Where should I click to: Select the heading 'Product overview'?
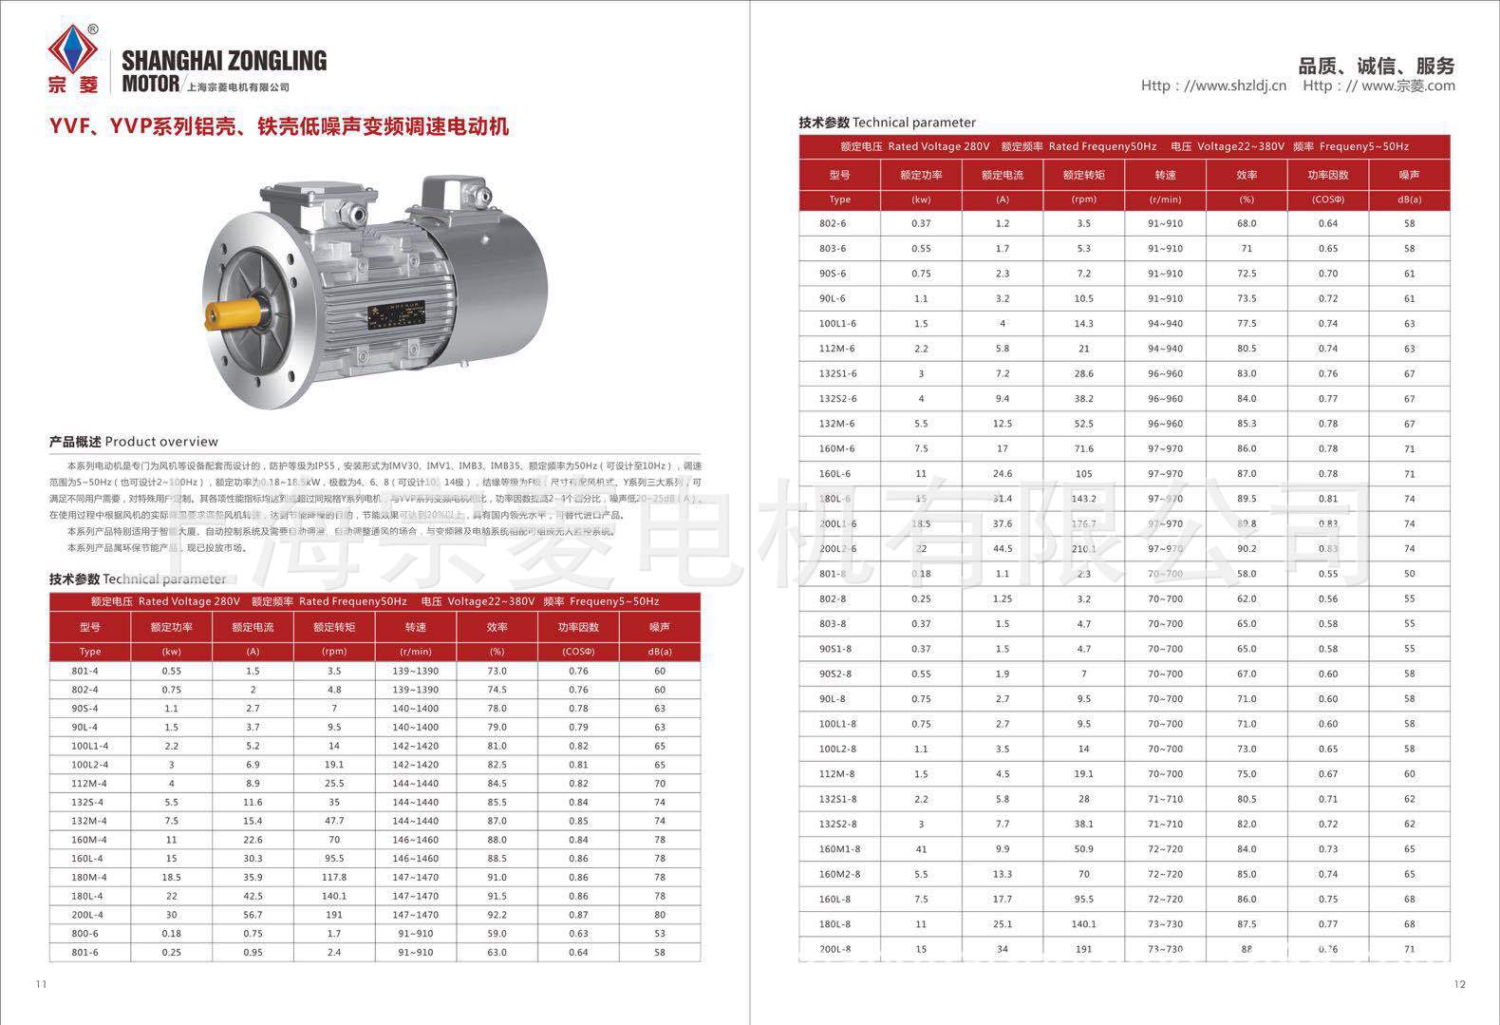point(134,442)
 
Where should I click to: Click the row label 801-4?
point(84,671)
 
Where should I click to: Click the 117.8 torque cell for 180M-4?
point(334,878)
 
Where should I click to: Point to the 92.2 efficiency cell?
point(497,915)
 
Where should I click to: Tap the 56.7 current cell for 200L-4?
point(253,915)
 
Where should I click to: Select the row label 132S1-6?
point(837,373)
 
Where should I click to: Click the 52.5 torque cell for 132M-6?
point(1083,424)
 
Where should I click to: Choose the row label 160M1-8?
point(839,849)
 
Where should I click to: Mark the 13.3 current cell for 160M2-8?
point(1003,874)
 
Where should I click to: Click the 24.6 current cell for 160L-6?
point(1003,473)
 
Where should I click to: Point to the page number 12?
point(1459,984)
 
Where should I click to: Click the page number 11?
point(41,984)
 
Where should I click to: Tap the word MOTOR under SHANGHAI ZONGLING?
point(150,85)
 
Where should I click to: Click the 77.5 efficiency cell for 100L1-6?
point(1247,323)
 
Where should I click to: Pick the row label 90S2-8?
point(835,674)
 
